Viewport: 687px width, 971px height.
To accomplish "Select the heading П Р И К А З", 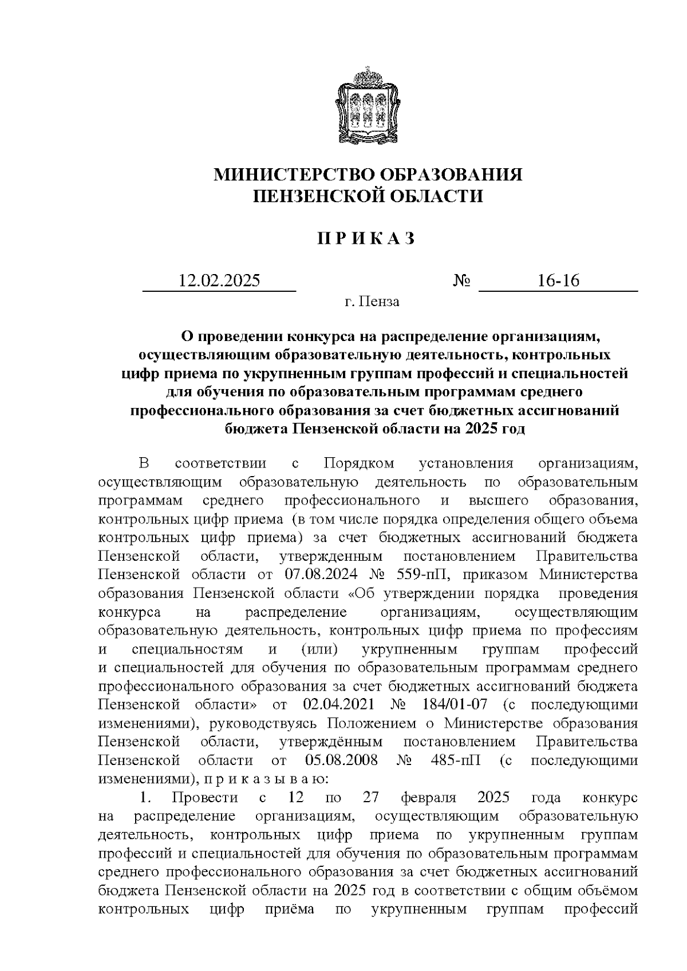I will tap(366, 239).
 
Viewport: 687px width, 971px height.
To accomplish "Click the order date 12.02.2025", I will tap(219, 281).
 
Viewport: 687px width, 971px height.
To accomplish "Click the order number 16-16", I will tap(558, 281).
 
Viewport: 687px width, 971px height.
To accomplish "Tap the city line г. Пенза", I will tap(372, 302).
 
